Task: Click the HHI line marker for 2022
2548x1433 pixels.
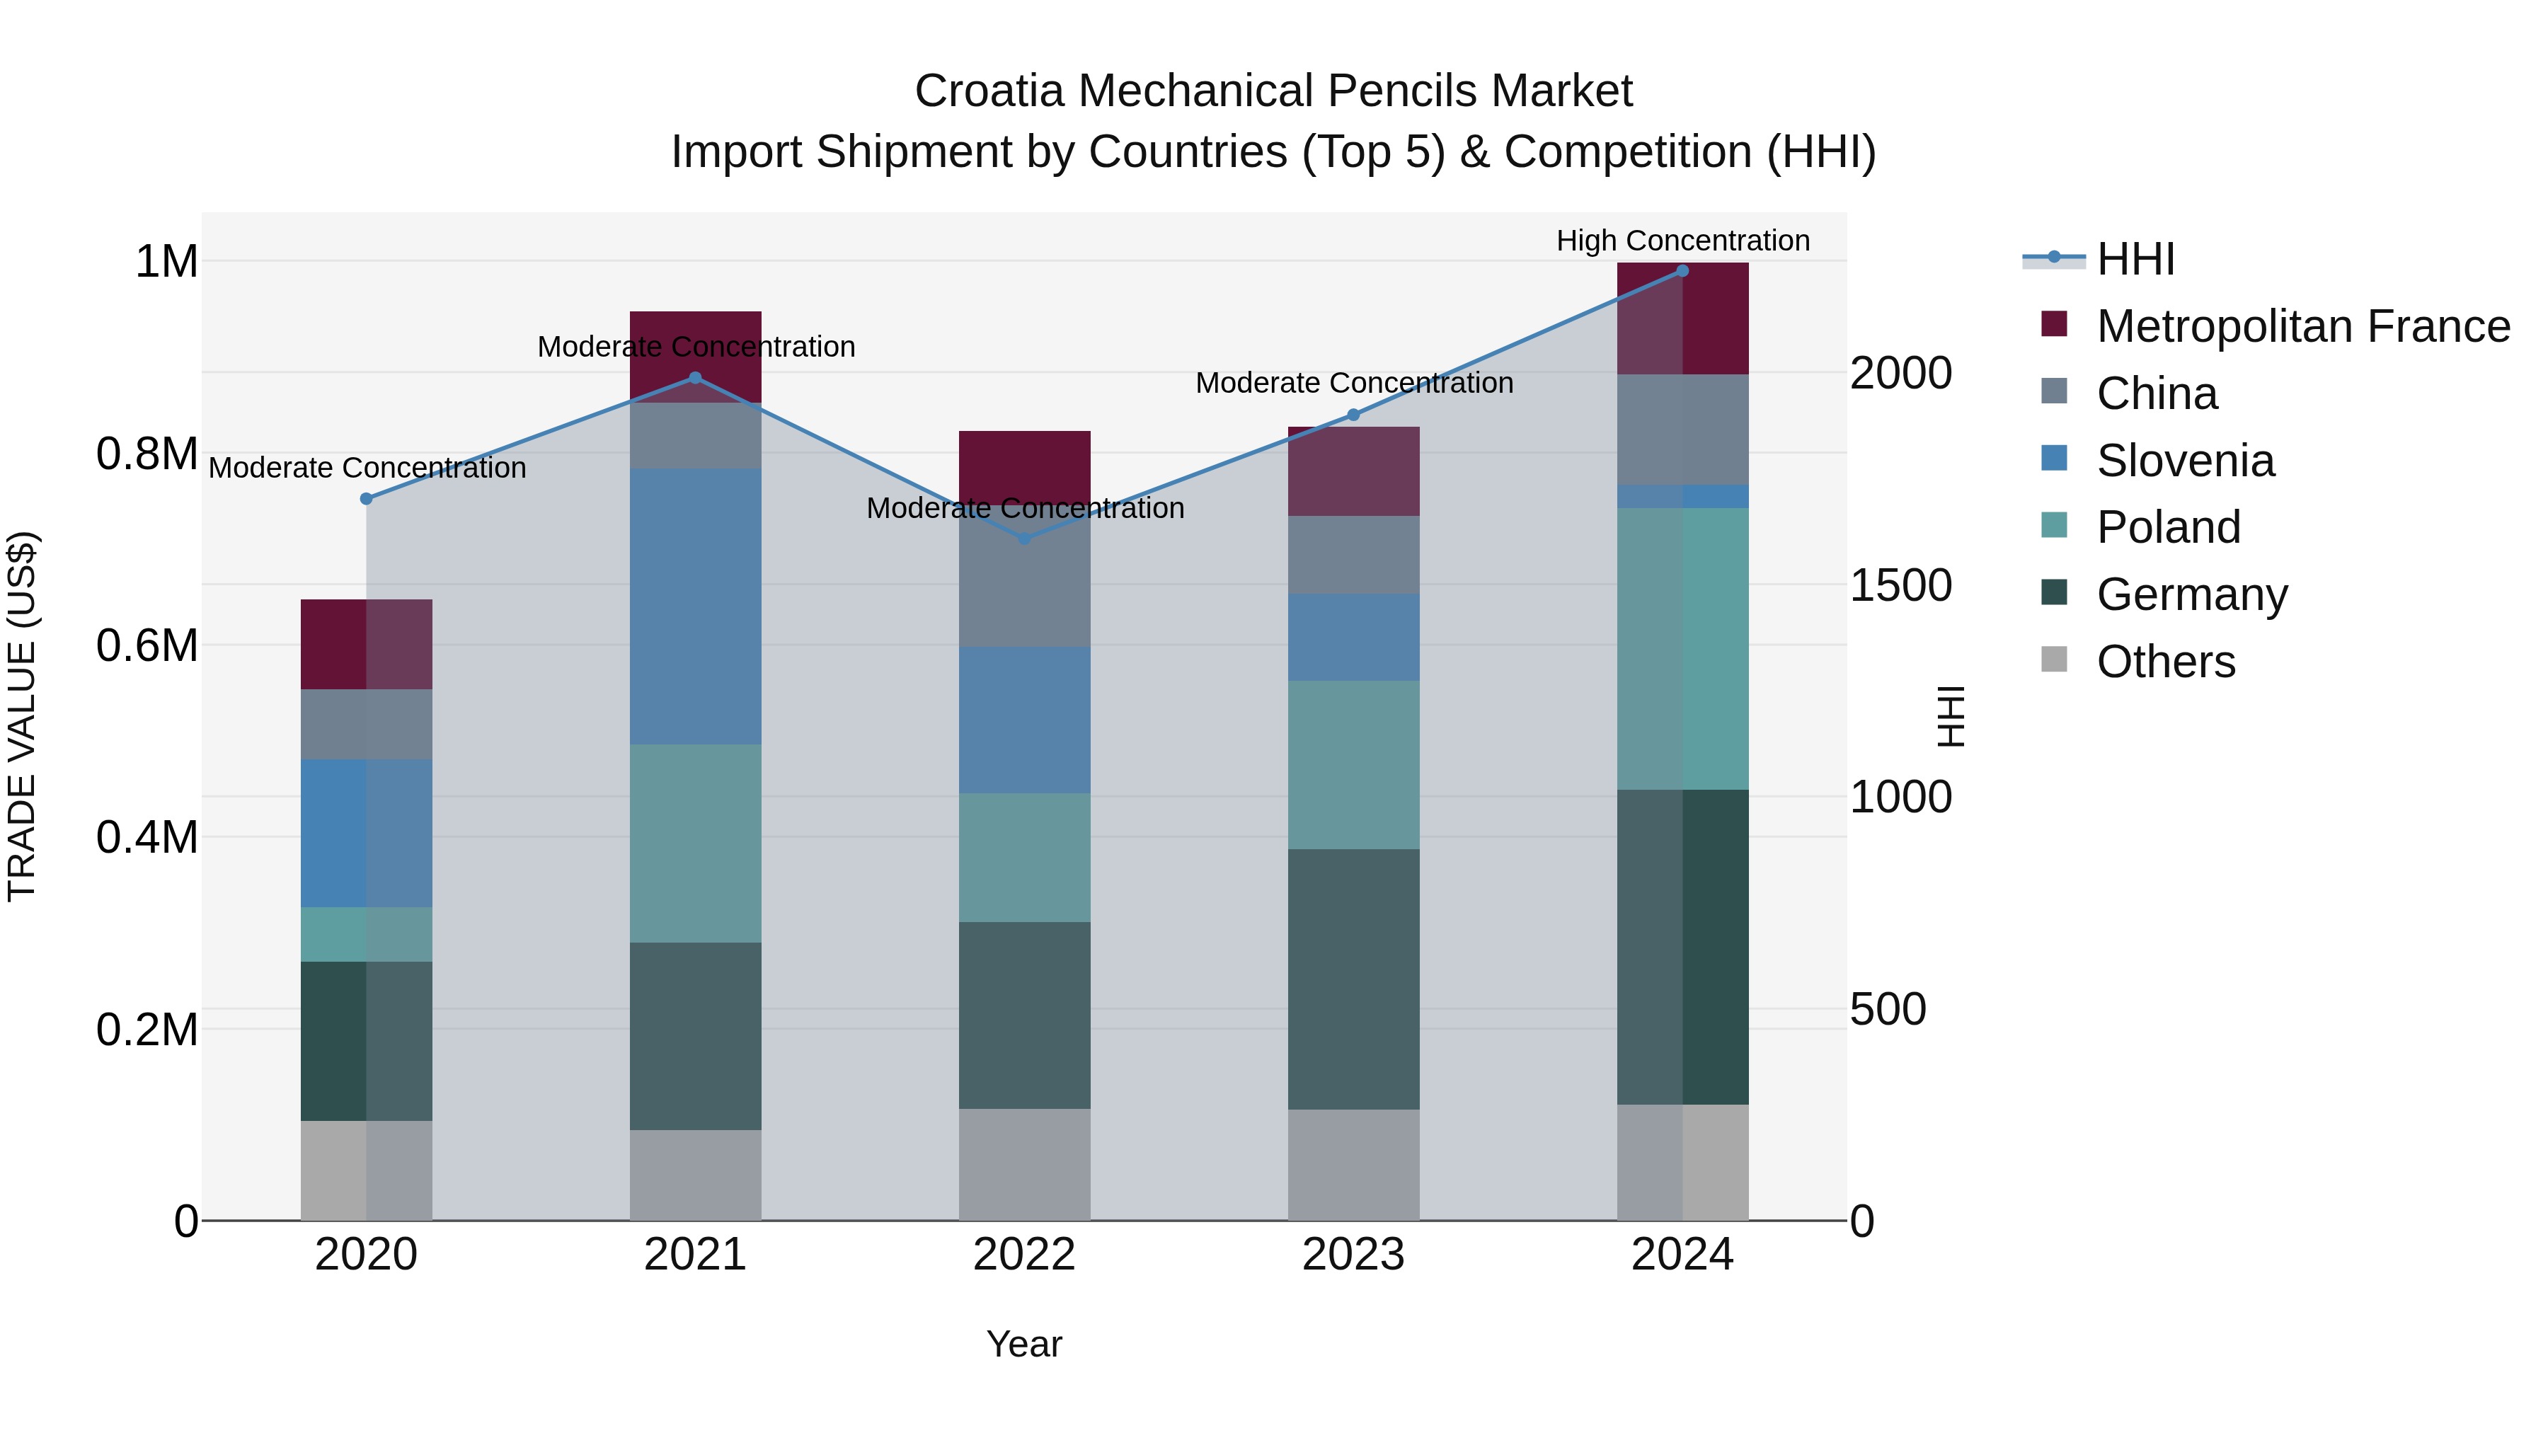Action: point(1025,539)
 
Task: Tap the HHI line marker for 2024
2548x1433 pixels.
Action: point(1682,271)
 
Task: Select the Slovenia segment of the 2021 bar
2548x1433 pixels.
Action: point(695,606)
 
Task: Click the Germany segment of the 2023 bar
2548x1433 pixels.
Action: point(1353,979)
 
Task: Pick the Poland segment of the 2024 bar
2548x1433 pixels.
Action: point(1682,649)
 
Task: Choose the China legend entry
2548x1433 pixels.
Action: point(2157,393)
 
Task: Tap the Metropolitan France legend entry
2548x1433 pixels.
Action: point(2302,326)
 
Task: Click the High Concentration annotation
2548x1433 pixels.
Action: point(1682,241)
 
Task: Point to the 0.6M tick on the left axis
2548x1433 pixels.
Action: point(147,646)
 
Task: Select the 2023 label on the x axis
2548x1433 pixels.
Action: point(1353,1255)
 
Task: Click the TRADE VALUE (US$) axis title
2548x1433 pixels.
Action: point(22,716)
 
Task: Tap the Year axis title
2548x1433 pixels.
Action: point(1023,1344)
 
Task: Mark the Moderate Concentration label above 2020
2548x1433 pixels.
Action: point(367,468)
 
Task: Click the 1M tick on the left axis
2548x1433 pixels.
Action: point(166,262)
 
